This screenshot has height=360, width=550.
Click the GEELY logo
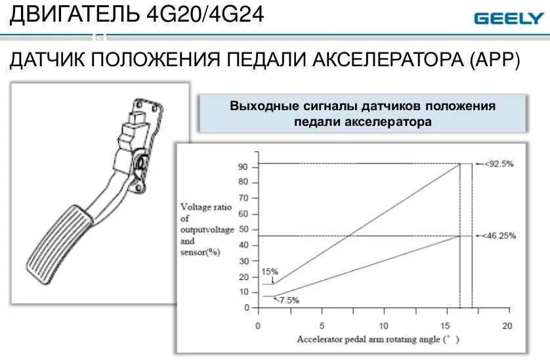(x=508, y=18)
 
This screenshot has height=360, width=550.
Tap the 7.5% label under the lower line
(x=289, y=300)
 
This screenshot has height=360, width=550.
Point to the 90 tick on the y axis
(x=243, y=167)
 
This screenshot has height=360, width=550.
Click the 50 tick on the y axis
(x=243, y=230)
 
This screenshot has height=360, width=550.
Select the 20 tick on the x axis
(x=507, y=326)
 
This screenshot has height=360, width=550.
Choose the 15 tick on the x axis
(x=445, y=326)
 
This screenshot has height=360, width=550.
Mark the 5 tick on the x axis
(x=321, y=326)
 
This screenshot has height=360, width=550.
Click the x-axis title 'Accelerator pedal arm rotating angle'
(x=374, y=340)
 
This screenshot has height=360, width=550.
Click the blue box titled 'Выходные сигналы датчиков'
(x=362, y=113)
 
